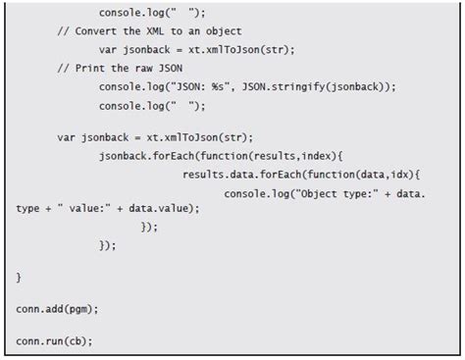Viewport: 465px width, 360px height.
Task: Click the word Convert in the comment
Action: point(95,31)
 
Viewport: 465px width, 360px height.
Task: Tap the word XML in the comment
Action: point(155,31)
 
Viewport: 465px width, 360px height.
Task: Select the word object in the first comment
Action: point(224,31)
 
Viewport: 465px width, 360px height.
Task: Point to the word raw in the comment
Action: point(143,69)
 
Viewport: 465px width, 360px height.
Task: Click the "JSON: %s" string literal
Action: point(201,87)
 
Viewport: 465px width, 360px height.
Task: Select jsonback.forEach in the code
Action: point(147,156)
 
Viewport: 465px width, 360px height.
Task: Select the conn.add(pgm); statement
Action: point(57,309)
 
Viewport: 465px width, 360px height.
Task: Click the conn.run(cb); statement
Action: point(54,341)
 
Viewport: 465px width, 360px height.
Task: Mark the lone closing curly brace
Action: point(19,278)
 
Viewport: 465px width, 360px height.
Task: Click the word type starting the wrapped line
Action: point(27,209)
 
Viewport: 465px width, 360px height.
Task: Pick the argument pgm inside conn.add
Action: point(78,310)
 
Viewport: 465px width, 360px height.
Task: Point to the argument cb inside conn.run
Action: point(76,341)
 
